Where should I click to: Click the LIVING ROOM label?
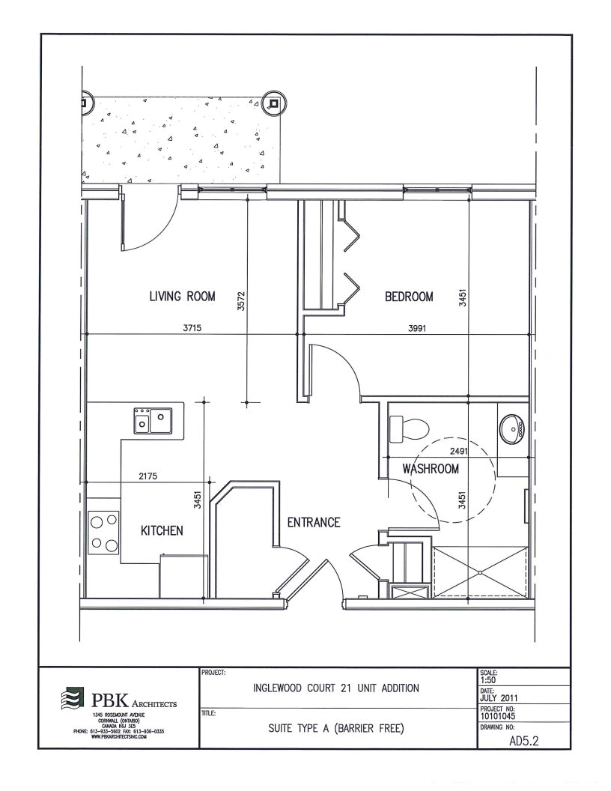click(182, 296)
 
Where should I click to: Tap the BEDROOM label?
click(409, 296)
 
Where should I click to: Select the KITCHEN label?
click(162, 530)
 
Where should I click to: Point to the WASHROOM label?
click(431, 469)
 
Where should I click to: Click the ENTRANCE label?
click(314, 522)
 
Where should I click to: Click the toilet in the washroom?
click(409, 428)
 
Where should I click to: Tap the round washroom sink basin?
click(511, 429)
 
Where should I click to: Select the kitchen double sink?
click(152, 421)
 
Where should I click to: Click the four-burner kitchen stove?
click(104, 532)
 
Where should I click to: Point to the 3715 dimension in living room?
click(192, 328)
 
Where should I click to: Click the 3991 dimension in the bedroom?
click(417, 328)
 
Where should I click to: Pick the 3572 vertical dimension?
click(241, 300)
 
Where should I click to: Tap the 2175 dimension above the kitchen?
click(148, 476)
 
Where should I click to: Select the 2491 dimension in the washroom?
click(459, 451)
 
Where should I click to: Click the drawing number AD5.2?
click(525, 741)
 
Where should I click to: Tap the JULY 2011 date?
click(499, 698)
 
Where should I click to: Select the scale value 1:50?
click(488, 680)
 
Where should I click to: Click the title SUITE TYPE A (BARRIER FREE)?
click(336, 728)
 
